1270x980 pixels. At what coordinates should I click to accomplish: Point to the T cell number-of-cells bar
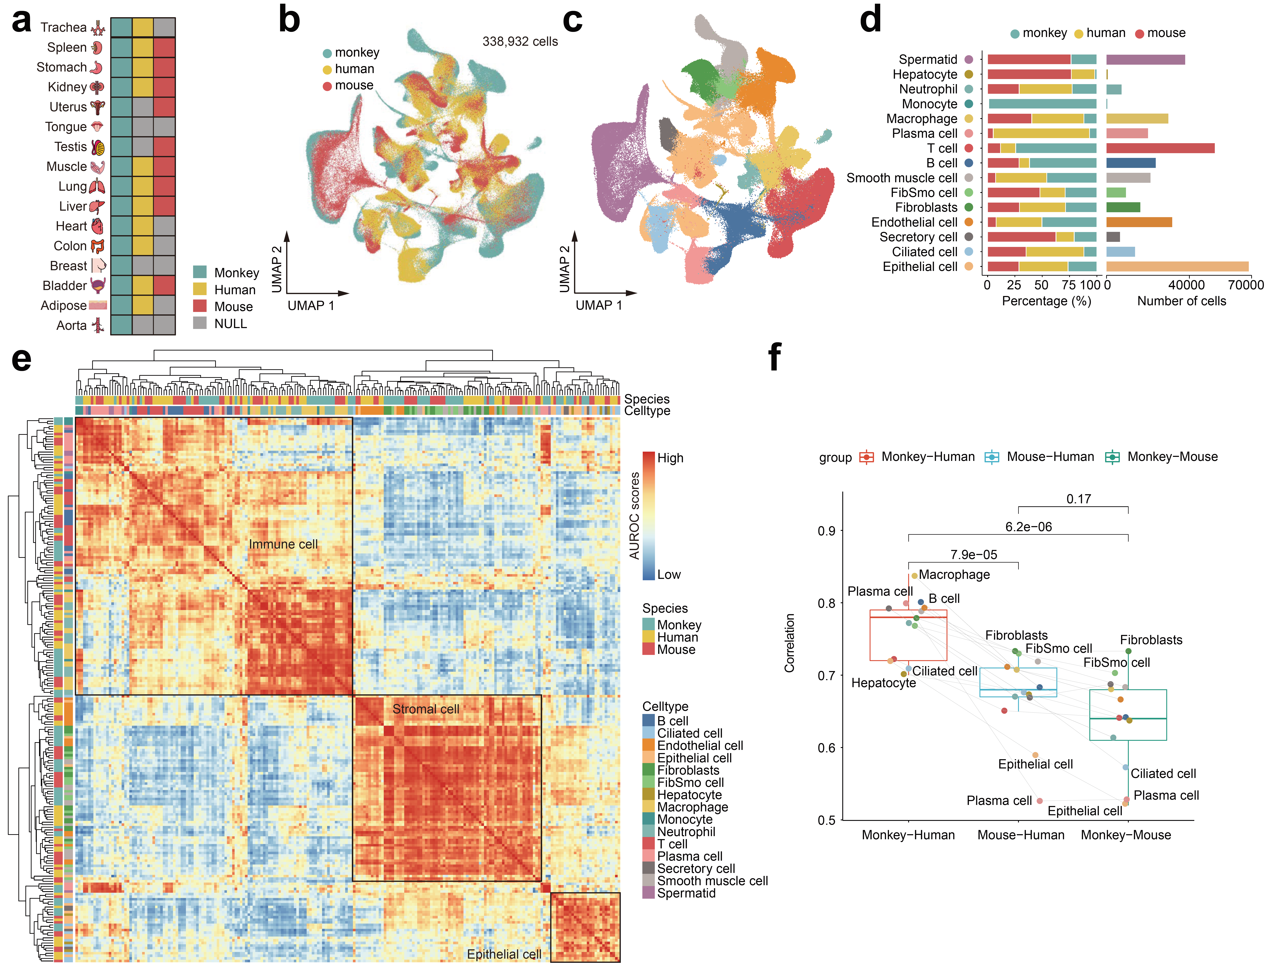(x=1160, y=148)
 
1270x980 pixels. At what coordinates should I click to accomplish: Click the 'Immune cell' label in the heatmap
(x=283, y=544)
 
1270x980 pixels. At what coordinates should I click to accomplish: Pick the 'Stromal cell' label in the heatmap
(x=426, y=709)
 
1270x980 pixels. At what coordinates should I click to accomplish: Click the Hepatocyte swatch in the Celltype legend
(x=648, y=795)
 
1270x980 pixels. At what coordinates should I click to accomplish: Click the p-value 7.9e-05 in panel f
(x=973, y=555)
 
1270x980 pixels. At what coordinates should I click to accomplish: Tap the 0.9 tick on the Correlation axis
(x=826, y=531)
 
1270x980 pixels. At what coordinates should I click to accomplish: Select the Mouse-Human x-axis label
(x=1020, y=835)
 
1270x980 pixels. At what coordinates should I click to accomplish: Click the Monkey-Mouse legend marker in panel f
(x=1112, y=457)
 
